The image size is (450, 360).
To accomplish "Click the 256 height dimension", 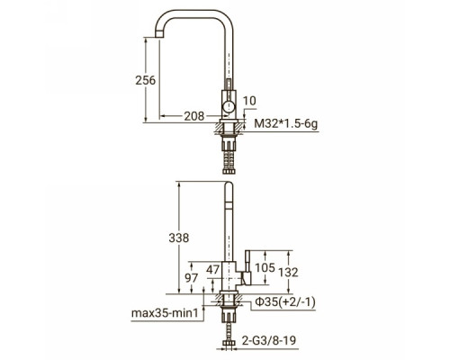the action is [x=146, y=80].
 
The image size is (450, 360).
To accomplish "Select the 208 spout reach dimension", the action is [x=194, y=116].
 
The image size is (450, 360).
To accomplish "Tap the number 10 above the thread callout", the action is [x=249, y=101].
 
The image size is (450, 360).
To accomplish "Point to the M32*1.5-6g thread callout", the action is [x=286, y=123].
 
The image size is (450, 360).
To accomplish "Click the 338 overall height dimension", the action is [x=179, y=238].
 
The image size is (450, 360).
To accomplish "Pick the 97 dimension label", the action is [x=191, y=278].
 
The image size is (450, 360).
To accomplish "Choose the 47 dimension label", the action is [x=213, y=270].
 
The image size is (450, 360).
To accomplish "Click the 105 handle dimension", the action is [x=265, y=267].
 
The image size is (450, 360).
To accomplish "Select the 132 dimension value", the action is [x=288, y=273].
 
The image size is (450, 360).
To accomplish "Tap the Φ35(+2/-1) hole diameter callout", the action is [x=285, y=302].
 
